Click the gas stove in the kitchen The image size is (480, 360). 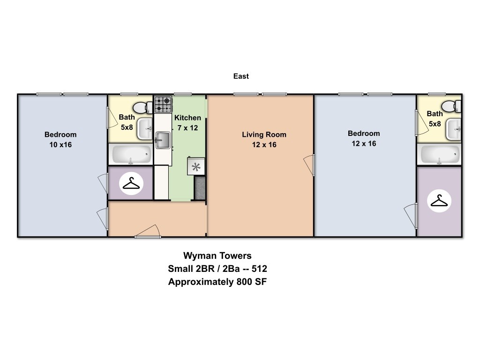(x=163, y=105)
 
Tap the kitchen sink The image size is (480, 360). (x=163, y=140)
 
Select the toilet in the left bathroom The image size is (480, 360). (x=142, y=107)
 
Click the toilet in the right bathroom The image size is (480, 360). (x=451, y=106)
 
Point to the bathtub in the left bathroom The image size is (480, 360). (x=131, y=154)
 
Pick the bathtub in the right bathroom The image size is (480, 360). (x=440, y=154)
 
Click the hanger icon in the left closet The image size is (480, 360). (x=131, y=183)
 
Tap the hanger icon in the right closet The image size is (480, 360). (x=439, y=201)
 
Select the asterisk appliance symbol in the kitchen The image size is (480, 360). (x=196, y=166)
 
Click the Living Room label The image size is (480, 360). (x=264, y=135)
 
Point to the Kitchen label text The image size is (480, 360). (x=187, y=118)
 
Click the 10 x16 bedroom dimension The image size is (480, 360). (x=60, y=144)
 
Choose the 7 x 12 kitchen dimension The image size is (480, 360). (x=187, y=127)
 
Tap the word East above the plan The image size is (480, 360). (x=241, y=76)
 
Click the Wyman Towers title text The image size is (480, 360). (x=217, y=255)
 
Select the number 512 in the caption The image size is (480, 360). (x=259, y=269)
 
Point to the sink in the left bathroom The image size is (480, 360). (x=145, y=129)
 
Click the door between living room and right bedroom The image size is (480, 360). (x=310, y=165)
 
